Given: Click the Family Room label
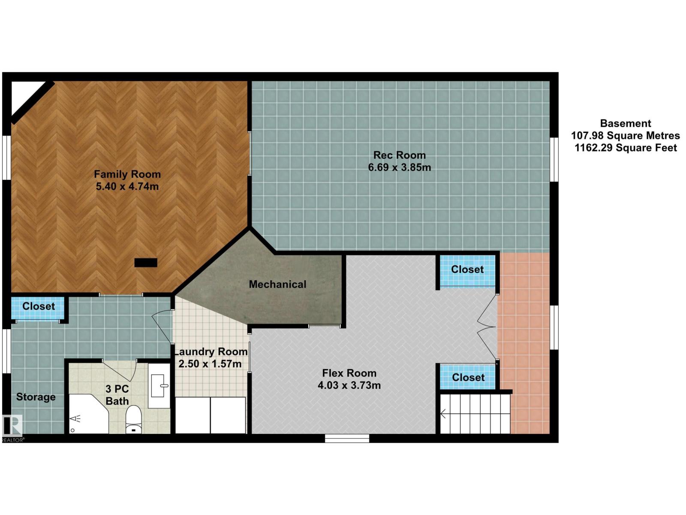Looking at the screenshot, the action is click(x=127, y=174).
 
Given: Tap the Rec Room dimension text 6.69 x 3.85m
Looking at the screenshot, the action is click(x=400, y=167).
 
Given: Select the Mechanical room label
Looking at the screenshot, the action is click(x=277, y=284).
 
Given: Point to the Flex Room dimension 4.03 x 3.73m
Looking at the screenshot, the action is click(x=349, y=385).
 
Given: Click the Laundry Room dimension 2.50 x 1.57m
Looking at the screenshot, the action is click(x=210, y=364).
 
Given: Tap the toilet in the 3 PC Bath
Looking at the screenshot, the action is click(x=134, y=419).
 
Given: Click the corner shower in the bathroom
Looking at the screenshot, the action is click(x=88, y=414).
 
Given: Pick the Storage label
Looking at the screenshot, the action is click(x=36, y=397).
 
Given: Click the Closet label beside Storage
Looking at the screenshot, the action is click(x=39, y=306).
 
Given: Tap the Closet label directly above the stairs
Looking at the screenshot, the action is click(x=468, y=377).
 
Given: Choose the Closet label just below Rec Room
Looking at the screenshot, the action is click(x=467, y=269).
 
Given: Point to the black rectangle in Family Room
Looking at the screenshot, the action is click(x=146, y=263).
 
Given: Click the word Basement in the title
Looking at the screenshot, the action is click(x=626, y=124).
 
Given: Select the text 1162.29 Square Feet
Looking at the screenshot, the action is click(x=626, y=148).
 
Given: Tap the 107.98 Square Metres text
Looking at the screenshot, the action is click(x=626, y=136).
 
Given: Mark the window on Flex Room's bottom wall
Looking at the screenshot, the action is click(x=347, y=438).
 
